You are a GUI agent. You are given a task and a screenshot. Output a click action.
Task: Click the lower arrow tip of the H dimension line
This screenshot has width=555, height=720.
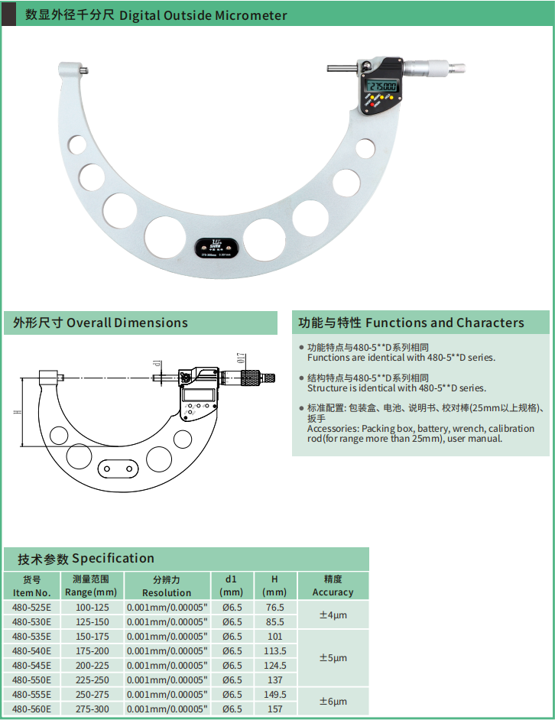(x=21, y=446)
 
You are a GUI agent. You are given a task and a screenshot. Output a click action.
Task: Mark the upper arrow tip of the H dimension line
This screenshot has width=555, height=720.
(x=21, y=378)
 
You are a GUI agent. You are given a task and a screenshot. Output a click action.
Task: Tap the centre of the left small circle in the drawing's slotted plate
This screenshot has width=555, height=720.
(x=107, y=469)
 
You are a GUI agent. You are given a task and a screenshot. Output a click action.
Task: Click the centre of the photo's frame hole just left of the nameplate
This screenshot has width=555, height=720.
(x=165, y=237)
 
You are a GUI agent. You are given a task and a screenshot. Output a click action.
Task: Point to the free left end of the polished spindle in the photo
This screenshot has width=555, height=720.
(x=328, y=69)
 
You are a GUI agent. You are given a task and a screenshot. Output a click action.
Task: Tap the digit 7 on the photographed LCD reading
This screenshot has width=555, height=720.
(x=376, y=86)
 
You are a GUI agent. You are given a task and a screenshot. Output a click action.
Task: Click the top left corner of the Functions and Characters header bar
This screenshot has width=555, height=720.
(x=292, y=311)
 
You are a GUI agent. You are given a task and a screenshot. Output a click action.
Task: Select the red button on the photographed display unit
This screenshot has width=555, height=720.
(x=372, y=104)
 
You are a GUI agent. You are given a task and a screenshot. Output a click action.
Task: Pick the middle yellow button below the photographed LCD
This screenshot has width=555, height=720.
(x=380, y=97)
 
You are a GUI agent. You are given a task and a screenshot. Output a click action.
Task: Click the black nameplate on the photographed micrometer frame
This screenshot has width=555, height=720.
(x=216, y=248)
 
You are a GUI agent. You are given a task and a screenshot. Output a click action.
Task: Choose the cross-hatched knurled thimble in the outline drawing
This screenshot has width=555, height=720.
(x=252, y=378)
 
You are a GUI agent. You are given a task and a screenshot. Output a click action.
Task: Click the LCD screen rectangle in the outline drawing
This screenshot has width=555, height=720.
(x=198, y=394)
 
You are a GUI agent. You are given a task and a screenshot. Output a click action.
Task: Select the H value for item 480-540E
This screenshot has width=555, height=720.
(x=274, y=650)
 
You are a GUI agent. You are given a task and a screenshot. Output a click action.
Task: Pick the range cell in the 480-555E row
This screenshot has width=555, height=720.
(x=92, y=694)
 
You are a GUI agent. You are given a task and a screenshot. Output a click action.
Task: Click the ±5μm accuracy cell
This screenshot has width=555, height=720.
(x=333, y=657)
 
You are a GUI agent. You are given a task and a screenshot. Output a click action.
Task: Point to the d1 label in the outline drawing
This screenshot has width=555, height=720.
(x=157, y=364)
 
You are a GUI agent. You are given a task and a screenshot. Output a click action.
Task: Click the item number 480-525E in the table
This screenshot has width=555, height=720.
(x=31, y=607)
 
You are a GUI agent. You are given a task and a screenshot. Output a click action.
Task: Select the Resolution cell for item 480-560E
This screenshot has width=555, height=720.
(x=167, y=709)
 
